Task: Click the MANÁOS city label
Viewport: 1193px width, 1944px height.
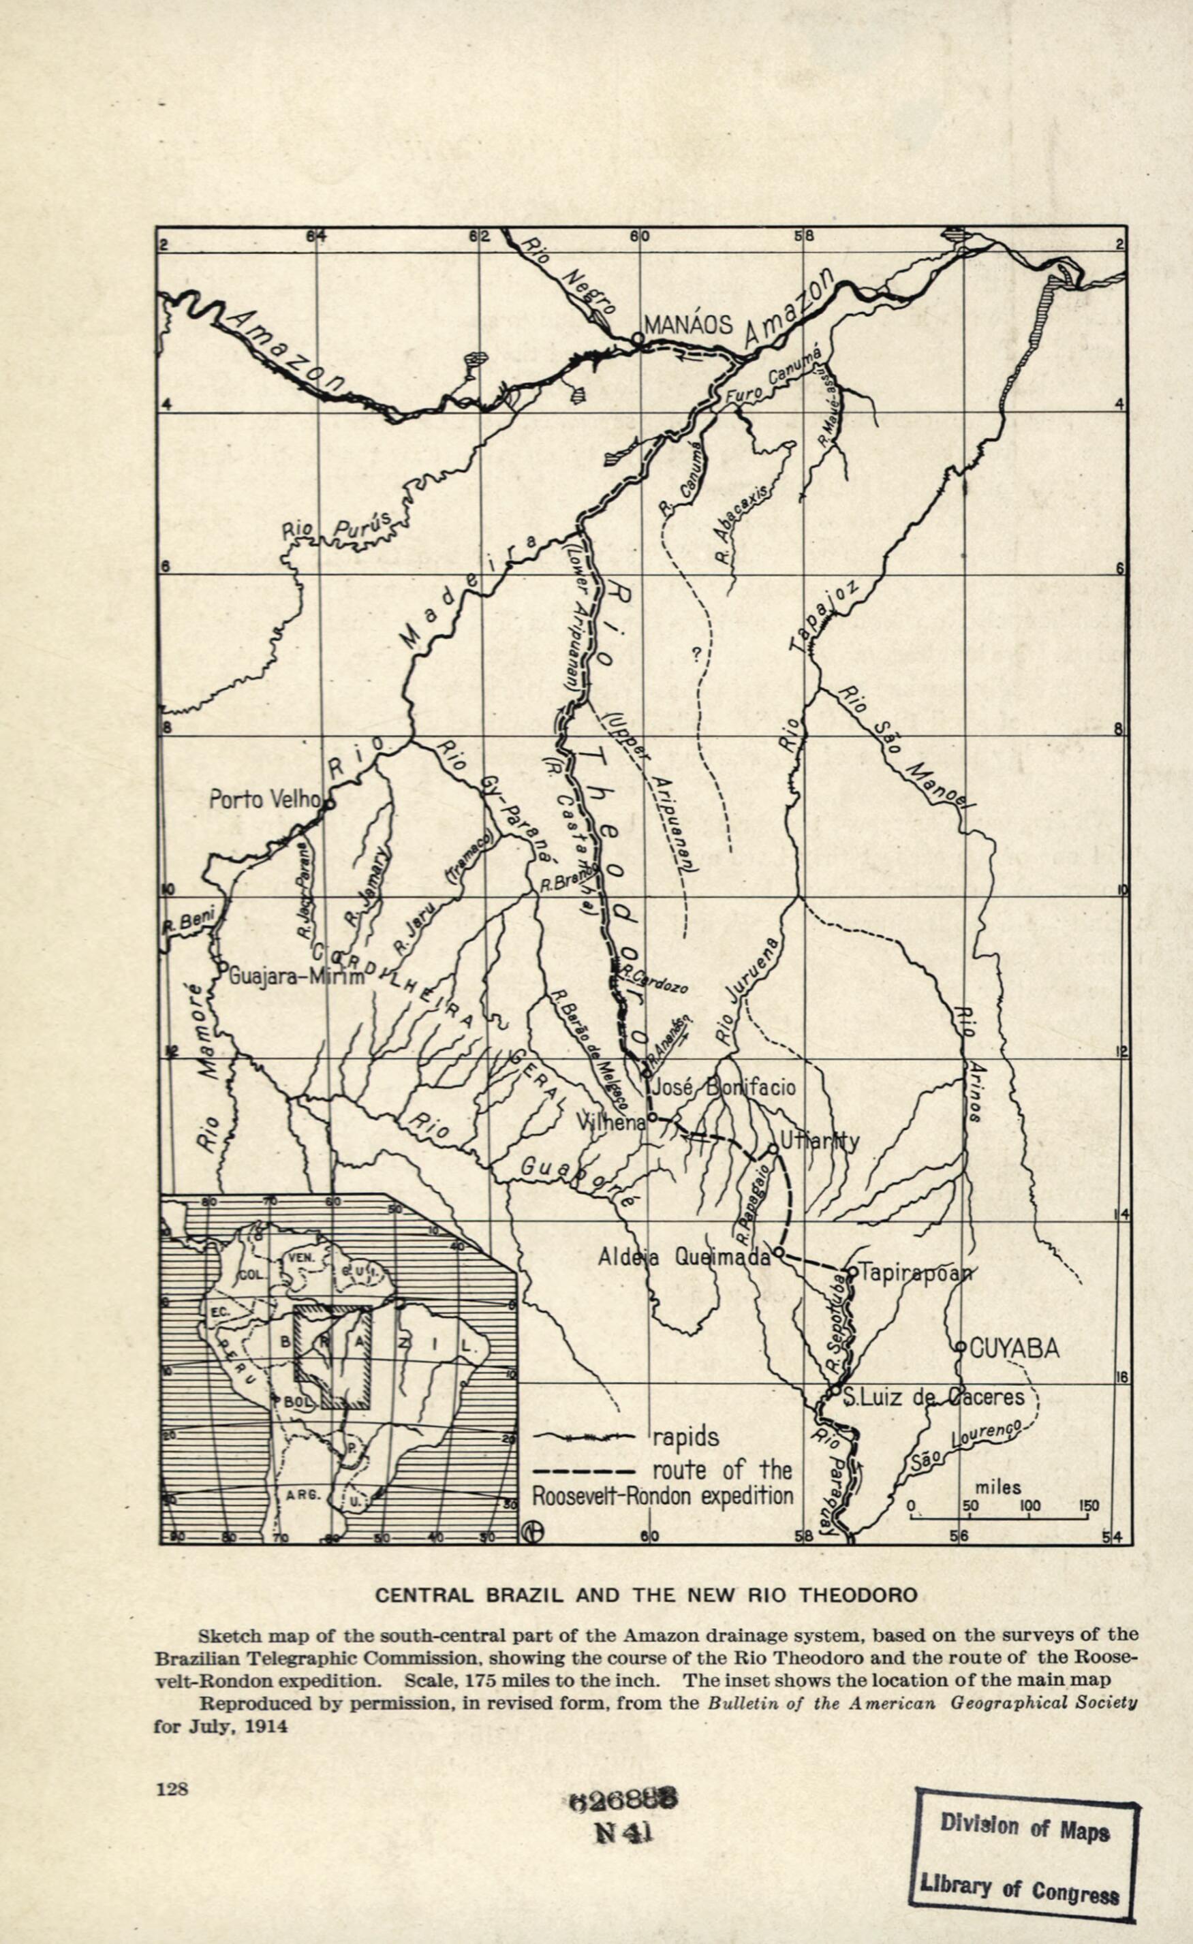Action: [689, 325]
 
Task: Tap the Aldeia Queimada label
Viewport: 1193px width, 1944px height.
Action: [683, 1257]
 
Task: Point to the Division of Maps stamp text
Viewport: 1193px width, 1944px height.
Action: [1024, 1804]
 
